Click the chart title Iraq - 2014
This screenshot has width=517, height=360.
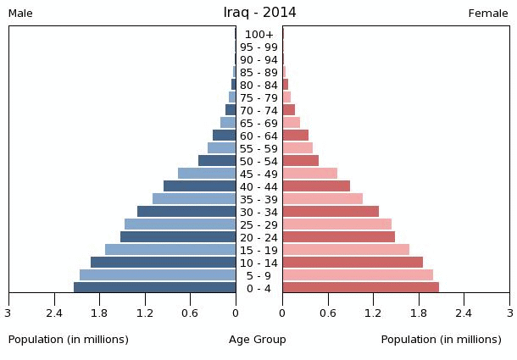tap(259, 13)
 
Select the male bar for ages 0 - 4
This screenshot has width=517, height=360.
tap(155, 288)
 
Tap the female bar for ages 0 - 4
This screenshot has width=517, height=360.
tap(360, 288)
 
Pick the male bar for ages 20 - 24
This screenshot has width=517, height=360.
tap(178, 237)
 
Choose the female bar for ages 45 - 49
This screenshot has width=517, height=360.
tap(309, 174)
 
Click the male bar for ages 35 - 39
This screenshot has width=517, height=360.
tap(194, 199)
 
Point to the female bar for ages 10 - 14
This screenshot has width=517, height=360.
tap(353, 263)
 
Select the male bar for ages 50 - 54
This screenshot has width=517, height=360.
tap(217, 161)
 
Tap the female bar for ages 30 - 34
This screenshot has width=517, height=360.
tap(331, 212)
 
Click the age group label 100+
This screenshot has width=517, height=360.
tap(259, 35)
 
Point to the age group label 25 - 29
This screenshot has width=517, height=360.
tap(259, 224)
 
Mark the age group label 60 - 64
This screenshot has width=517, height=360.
tap(259, 136)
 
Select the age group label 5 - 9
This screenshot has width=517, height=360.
tap(259, 275)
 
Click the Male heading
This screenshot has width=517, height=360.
tap(20, 14)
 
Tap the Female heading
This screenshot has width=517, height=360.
tap(488, 14)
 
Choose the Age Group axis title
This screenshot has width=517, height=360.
tap(258, 340)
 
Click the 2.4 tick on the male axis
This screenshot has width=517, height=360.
tap(55, 313)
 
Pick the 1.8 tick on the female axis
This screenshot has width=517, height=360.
tap(419, 313)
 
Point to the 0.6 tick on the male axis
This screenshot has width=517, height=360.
tap(190, 313)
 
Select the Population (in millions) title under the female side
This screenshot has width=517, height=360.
tap(441, 340)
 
